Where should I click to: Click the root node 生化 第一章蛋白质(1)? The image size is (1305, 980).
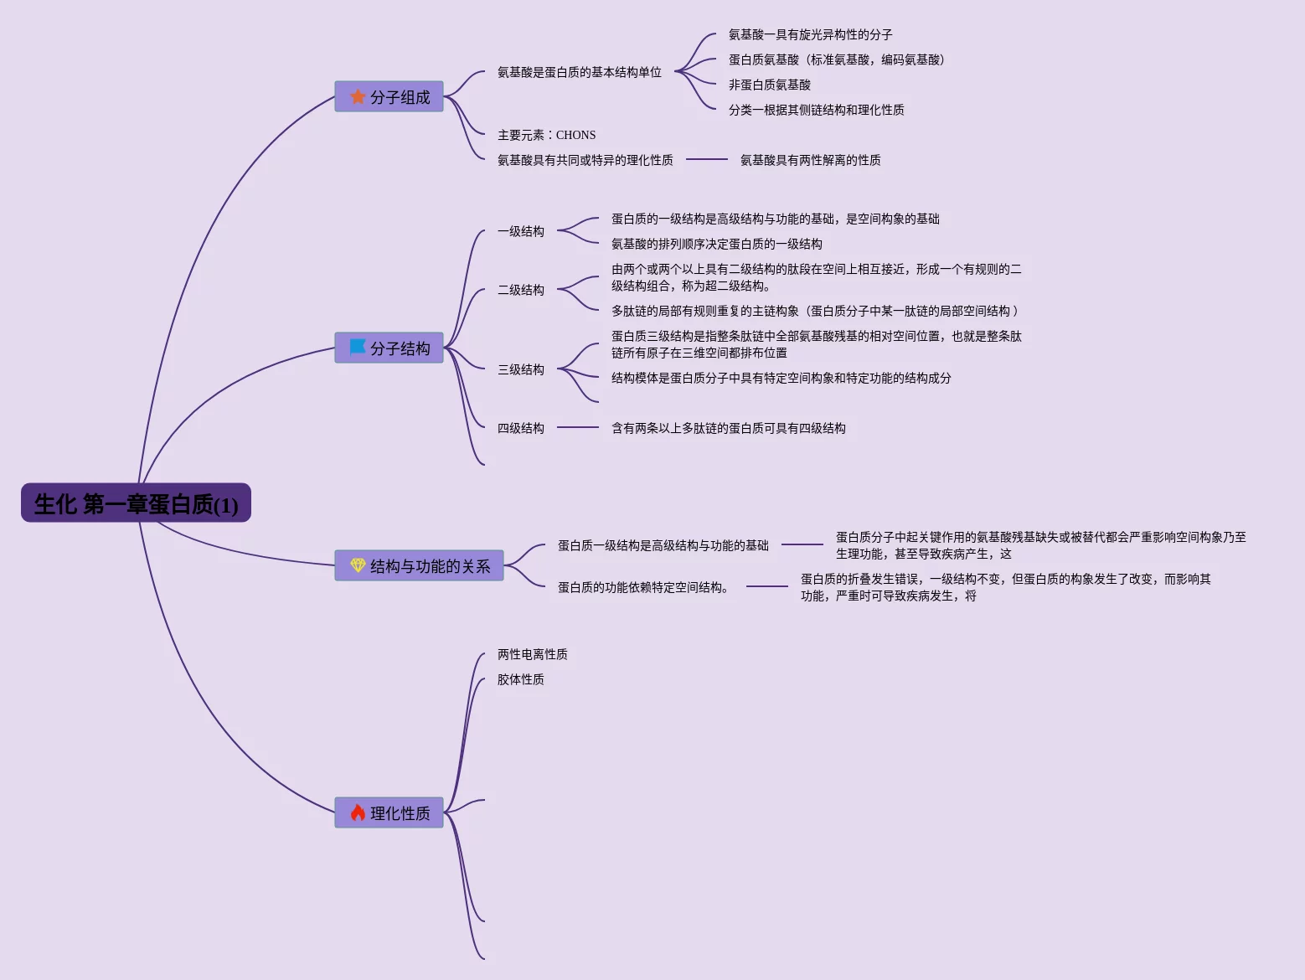pos(136,503)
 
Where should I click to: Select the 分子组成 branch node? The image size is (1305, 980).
pos(389,96)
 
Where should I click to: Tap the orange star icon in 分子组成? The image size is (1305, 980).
pos(358,96)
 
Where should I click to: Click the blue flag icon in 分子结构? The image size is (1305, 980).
pos(358,347)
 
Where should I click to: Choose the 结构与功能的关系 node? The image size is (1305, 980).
pos(419,565)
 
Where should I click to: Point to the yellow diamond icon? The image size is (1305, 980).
pos(358,565)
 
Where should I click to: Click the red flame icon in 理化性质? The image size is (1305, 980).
pos(358,812)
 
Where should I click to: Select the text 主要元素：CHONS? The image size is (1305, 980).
pos(546,135)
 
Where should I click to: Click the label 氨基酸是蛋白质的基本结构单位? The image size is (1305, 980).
pos(579,72)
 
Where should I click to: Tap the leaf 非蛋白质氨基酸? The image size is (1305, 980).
pos(769,85)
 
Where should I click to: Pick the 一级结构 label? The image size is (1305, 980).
pos(520,231)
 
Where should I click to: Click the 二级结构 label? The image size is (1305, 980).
pos(520,290)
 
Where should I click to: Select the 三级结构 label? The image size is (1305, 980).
pos(520,369)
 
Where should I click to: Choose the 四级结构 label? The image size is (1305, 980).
pos(520,428)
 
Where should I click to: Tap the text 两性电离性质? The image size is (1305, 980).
pos(532,654)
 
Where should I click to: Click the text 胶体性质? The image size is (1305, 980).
pos(520,679)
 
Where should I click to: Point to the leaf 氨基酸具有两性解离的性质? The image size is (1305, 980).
pos(810,160)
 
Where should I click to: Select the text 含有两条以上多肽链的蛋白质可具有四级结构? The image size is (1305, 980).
pos(728,428)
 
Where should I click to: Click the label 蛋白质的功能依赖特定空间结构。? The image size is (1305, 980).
pos(644,587)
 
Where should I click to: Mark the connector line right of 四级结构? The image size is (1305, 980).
pos(578,427)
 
